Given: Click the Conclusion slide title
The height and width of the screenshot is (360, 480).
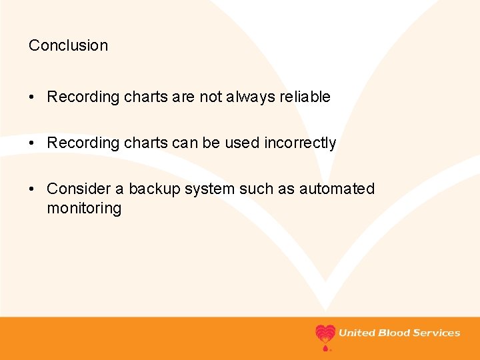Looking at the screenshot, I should click(68, 46).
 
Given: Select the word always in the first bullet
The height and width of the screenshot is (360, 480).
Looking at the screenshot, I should click(251, 97).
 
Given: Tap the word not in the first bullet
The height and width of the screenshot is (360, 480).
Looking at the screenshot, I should click(211, 97).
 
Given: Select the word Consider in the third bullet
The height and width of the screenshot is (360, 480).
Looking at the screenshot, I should click(73, 189).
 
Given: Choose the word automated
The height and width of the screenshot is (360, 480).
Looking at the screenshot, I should click(337, 189).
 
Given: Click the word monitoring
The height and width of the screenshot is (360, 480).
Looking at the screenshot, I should click(84, 209).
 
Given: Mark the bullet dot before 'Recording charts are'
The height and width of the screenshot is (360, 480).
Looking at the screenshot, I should click(33, 97).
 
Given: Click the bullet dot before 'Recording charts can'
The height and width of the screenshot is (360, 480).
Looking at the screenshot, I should click(33, 143).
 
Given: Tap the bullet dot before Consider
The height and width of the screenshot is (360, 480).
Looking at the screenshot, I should click(33, 189).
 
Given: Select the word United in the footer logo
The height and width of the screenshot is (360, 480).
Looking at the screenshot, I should click(357, 333).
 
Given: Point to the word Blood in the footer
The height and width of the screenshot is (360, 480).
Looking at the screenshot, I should click(394, 333).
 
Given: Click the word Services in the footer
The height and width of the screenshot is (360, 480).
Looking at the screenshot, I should click(437, 333).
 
